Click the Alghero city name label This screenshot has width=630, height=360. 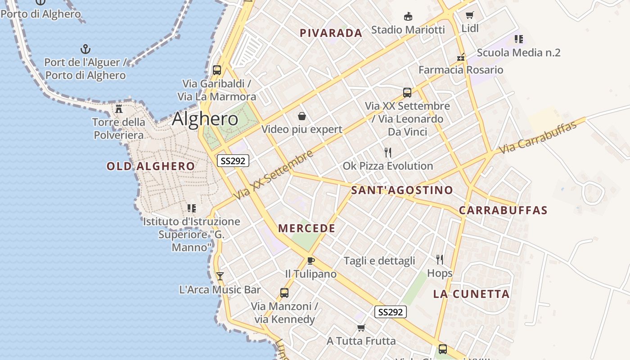205,119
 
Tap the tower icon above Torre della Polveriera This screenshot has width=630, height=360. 119,108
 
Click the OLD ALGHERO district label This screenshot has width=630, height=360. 151,166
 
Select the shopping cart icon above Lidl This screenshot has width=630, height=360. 470,15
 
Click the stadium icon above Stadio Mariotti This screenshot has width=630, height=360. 408,17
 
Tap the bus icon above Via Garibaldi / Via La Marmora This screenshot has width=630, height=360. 217,70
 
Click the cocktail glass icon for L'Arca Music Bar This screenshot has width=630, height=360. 220,276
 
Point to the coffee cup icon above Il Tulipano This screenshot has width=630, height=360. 310,261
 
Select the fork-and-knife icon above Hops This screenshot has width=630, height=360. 440,259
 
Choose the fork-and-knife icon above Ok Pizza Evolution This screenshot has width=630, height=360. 388,152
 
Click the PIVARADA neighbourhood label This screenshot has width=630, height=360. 331,33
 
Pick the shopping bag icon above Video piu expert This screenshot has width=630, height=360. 302,116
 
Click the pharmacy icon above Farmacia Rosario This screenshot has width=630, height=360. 460,57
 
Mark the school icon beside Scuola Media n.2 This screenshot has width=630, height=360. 518,39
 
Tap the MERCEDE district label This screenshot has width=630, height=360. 307,229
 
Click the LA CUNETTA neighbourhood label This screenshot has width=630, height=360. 471,294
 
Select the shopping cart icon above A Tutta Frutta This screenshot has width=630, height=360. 361,328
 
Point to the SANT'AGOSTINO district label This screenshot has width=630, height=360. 402,190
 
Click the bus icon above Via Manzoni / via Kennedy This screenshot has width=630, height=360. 284,293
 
